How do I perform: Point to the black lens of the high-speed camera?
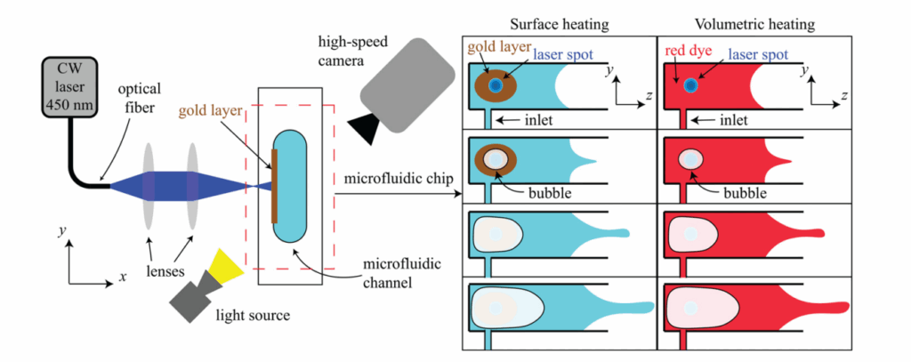[365, 129]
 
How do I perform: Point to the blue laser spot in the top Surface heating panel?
[494, 84]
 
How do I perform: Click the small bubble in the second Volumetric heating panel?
[690, 160]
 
